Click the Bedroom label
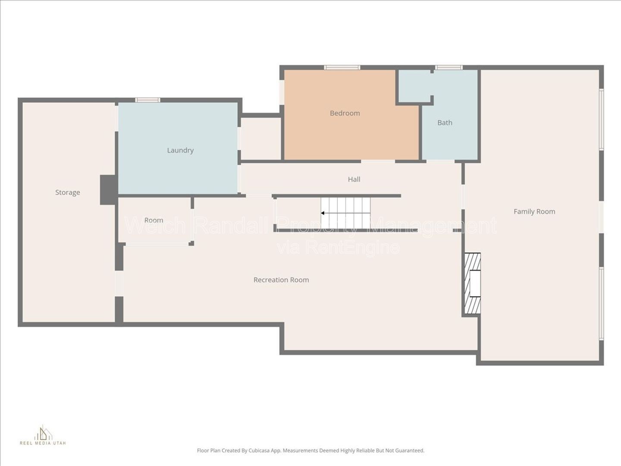pos(345,113)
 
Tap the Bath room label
pos(445,123)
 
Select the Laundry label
pos(180,150)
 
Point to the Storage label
pos(68,192)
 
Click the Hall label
pos(354,179)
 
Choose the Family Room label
pos(534,211)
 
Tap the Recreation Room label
pos(281,280)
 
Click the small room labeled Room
pos(154,220)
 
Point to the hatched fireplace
pos(473,283)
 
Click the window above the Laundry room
pos(147,100)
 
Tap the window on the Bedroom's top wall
pos(342,67)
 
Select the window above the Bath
pos(448,67)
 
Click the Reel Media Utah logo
pos(43,435)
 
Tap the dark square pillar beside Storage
pos(109,190)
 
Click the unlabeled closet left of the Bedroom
pos(261,139)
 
